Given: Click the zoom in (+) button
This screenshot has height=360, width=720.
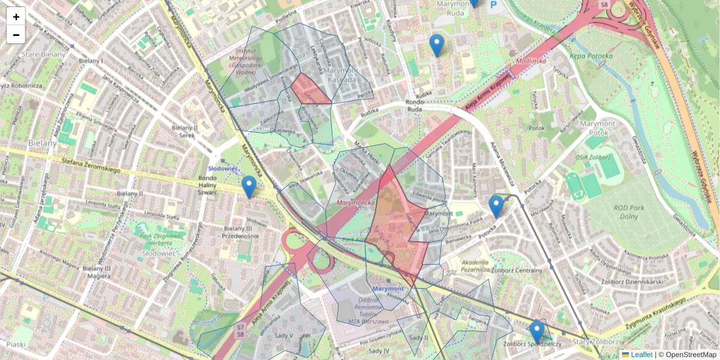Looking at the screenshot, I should point(16,16).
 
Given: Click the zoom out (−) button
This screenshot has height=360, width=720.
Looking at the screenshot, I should point(16,35).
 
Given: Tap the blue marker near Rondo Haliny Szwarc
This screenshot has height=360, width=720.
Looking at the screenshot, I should point(248,187).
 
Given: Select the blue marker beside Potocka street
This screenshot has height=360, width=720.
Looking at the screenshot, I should point(496,206).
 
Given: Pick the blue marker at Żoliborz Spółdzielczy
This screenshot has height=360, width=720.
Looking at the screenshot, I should point(536,332).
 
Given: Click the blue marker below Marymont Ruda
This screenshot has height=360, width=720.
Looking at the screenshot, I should point(437,45).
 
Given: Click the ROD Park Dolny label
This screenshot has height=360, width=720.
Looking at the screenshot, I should point(629,212).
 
